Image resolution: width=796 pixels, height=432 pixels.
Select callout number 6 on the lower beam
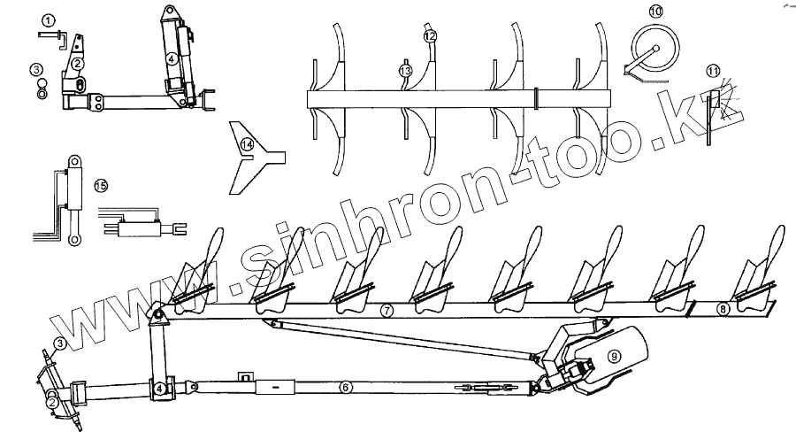(346, 387)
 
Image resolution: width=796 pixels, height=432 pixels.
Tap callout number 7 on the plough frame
(386, 312)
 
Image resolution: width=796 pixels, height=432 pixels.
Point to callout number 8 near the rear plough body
(723, 309)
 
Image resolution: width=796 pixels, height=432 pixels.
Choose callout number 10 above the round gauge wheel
(655, 12)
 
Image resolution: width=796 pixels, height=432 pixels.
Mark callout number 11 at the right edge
(714, 71)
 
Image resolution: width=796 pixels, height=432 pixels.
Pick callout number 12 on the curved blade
(430, 37)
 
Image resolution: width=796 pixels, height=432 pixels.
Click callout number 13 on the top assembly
(405, 69)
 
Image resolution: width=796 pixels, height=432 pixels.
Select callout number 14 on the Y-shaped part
(249, 145)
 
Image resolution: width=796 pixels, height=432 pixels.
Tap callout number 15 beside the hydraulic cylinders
(101, 185)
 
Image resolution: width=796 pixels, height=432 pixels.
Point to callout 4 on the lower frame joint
(160, 388)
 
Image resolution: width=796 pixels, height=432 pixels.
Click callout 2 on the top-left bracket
(78, 63)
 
